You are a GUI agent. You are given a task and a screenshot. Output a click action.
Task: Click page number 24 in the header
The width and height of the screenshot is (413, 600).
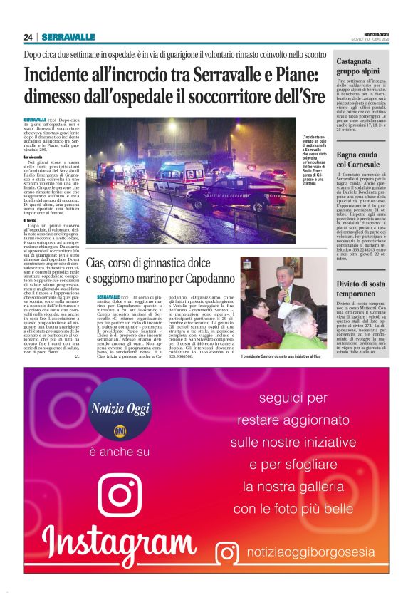pos(28,37)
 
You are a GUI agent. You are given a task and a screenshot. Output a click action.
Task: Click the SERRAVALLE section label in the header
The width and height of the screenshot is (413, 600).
pos(68,37)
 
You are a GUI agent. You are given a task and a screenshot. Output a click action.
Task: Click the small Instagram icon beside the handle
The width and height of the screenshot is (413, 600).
pos(227,552)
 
